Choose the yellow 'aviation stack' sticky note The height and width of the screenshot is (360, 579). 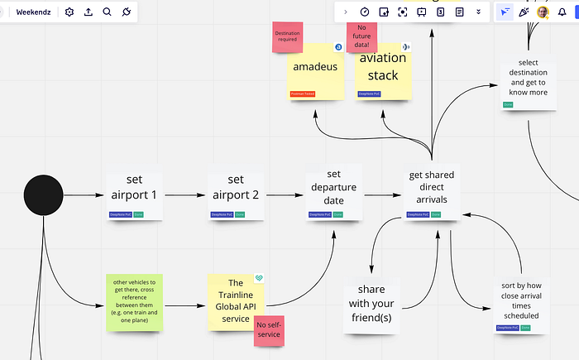[383, 70]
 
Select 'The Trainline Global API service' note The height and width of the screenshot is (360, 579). [234, 300]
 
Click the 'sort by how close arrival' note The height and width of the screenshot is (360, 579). [519, 302]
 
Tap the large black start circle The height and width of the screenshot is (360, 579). [43, 195]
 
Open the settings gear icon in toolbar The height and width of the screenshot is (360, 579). [69, 12]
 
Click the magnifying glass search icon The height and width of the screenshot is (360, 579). [108, 12]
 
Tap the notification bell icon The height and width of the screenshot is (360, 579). [562, 12]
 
